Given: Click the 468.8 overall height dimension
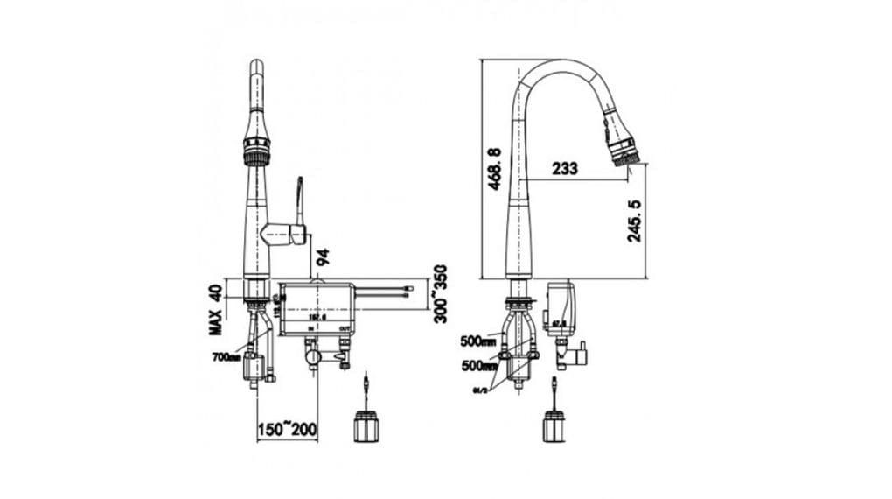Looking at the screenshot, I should click(495, 168).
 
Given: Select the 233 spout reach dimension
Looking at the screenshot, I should click(564, 169).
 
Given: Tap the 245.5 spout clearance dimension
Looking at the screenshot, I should click(636, 221).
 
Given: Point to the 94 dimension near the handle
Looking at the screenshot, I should click(324, 257).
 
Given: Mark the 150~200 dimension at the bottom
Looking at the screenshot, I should click(288, 430).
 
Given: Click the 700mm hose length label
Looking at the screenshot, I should click(225, 357).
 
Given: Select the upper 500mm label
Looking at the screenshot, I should click(477, 341).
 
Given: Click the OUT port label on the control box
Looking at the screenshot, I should click(345, 329).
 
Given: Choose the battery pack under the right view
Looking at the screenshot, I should click(554, 425).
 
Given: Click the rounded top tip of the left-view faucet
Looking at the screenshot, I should click(256, 66).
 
